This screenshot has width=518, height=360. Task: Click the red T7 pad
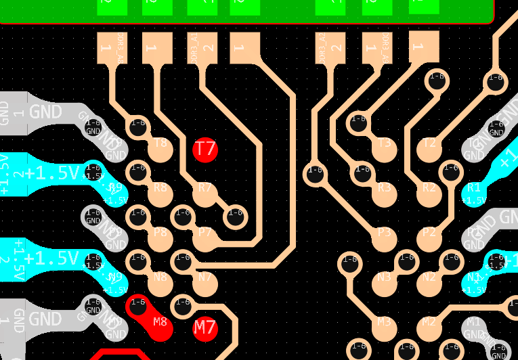[204, 149]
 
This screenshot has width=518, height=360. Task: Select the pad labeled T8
[160, 149]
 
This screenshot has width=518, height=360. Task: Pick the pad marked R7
[204, 194]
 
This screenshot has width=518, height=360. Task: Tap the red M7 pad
[204, 328]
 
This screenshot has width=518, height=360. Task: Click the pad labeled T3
[384, 149]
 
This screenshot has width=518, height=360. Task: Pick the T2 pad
[429, 149]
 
